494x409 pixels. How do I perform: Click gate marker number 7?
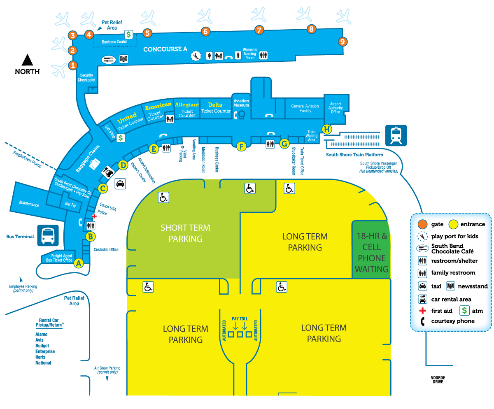tap(259, 30)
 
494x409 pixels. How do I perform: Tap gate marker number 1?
tap(73, 65)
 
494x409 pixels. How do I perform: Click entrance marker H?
tap(327, 129)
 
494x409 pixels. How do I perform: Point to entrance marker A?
tap(79, 263)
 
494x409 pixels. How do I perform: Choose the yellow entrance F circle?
tap(241, 146)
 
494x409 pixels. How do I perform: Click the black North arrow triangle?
tap(28, 60)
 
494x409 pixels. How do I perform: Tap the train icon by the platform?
tap(396, 135)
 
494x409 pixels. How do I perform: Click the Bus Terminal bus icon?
tap(48, 235)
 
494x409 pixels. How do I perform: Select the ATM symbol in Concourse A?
tap(128, 35)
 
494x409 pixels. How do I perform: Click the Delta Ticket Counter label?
tap(216, 108)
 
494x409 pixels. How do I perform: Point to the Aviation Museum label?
tap(241, 103)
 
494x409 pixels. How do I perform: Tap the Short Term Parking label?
tap(185, 233)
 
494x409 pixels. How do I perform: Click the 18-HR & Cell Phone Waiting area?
tap(371, 253)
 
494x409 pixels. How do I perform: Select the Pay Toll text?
tap(240, 318)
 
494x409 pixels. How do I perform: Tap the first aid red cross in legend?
tap(422, 311)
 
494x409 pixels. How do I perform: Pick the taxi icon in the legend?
tap(422, 286)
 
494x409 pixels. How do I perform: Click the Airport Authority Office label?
tap(336, 108)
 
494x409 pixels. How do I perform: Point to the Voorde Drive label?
tap(438, 379)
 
